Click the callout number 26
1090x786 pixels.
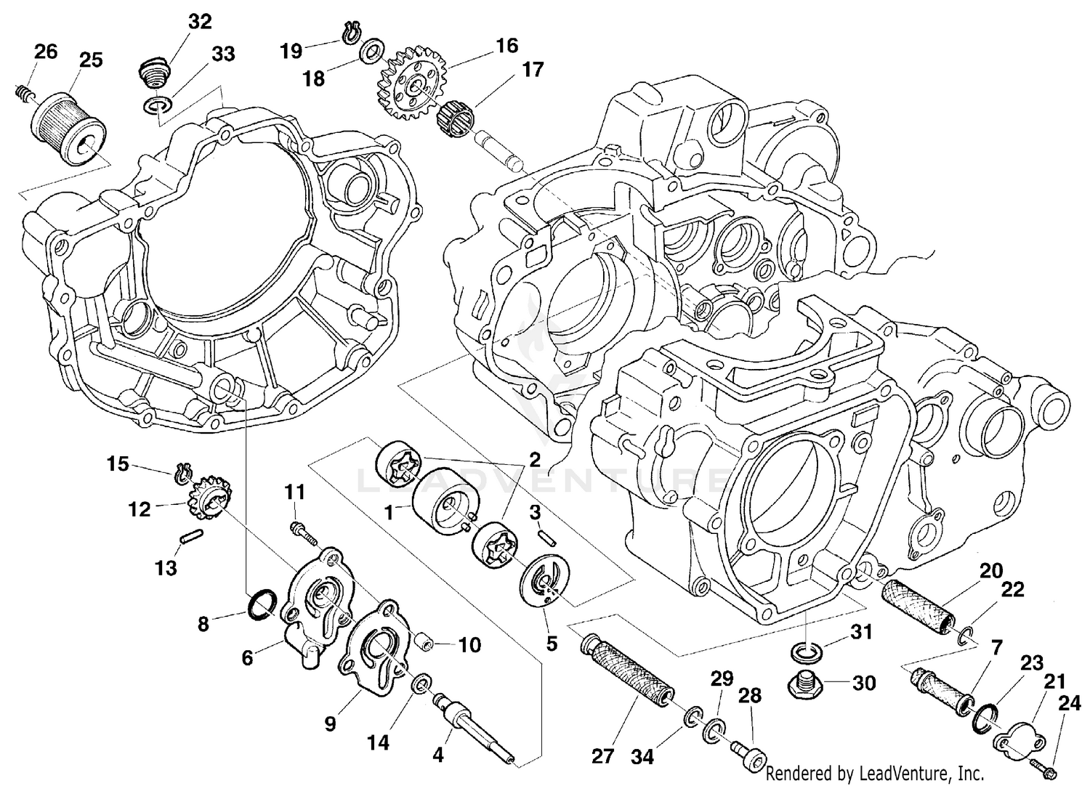pyautogui.click(x=46, y=52)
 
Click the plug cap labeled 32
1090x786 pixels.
pyautogui.click(x=153, y=73)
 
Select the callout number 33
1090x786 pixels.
pyautogui.click(x=223, y=54)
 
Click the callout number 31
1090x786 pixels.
pyautogui.click(x=860, y=632)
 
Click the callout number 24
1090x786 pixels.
pyautogui.click(x=1068, y=702)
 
